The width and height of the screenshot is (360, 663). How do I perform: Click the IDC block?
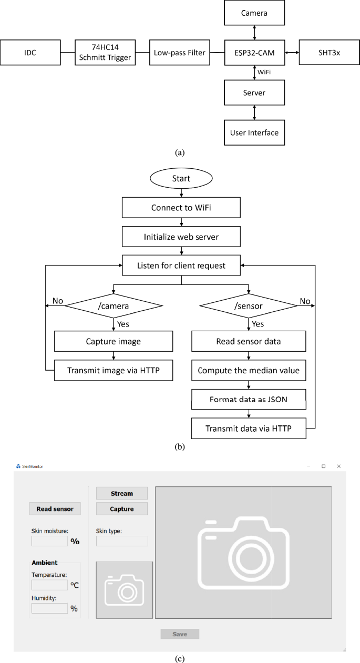[30, 53]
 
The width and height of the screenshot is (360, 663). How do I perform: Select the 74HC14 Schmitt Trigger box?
[105, 53]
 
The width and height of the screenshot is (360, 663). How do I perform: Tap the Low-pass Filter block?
[179, 53]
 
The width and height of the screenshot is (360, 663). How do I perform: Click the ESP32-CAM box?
[254, 53]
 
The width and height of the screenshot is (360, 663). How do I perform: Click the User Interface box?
[254, 132]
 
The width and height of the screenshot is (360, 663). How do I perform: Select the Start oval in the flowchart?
[181, 179]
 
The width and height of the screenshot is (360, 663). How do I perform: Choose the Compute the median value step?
[249, 371]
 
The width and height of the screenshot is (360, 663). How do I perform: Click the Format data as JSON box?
[249, 400]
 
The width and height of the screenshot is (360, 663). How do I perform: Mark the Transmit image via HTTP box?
[114, 371]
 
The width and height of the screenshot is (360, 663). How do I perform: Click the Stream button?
[122, 493]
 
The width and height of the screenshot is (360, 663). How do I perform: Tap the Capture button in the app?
[122, 509]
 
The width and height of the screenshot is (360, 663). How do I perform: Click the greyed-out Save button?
[180, 634]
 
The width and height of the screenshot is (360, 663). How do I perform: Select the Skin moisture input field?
[49, 541]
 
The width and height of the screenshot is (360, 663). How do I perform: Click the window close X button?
[339, 466]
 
